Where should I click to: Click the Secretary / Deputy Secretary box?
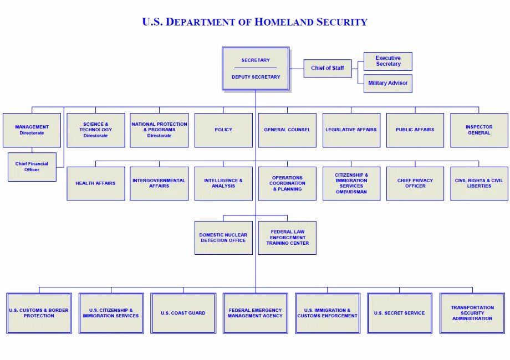pyautogui.click(x=256, y=69)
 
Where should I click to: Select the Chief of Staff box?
pyautogui.click(x=328, y=68)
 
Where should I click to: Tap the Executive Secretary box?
pyautogui.click(x=388, y=61)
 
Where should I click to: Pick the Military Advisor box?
pyautogui.click(x=388, y=83)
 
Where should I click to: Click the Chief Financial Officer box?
pyautogui.click(x=32, y=167)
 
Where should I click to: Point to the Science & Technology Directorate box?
pyautogui.click(x=96, y=130)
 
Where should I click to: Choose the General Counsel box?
pyautogui.click(x=287, y=130)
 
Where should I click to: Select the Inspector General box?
pyautogui.click(x=479, y=130)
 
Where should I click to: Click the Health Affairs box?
pyautogui.click(x=96, y=183)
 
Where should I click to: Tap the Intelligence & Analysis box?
pyautogui.click(x=223, y=183)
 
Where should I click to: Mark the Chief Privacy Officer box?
pyautogui.click(x=415, y=183)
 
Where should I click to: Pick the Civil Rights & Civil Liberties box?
pyautogui.click(x=479, y=183)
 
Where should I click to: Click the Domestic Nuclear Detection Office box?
pyautogui.click(x=223, y=238)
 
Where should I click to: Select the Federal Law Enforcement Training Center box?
pyautogui.click(x=287, y=238)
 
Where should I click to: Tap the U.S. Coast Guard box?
pyautogui.click(x=183, y=313)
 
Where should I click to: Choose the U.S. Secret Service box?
pyautogui.click(x=399, y=313)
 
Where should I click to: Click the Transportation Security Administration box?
pyautogui.click(x=472, y=313)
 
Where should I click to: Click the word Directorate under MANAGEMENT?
pyautogui.click(x=32, y=133)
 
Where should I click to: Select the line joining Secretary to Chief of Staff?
pyautogui.click(x=297, y=68)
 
